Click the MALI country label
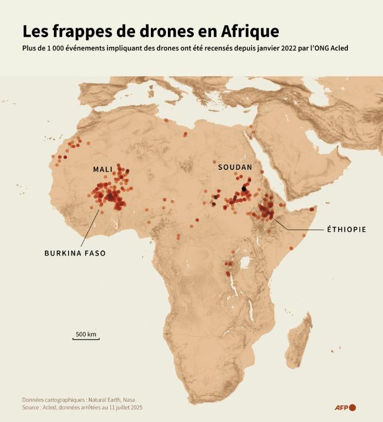[x=103, y=169]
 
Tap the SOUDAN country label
[x=235, y=167]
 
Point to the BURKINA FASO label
[x=75, y=253]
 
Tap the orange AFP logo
[x=346, y=407]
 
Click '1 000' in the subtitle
[x=61, y=48]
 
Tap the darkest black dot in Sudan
[x=244, y=188]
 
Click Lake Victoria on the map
[x=245, y=262]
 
